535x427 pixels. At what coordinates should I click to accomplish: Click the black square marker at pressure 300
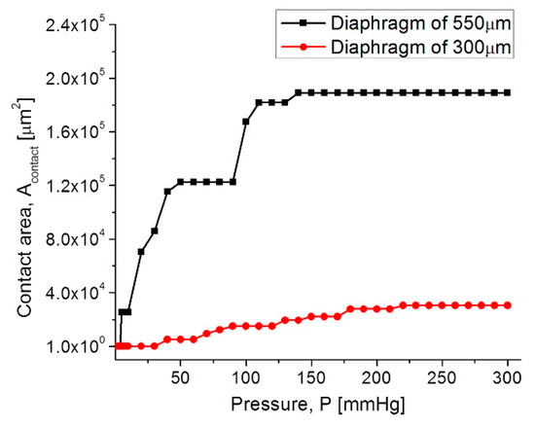point(507,92)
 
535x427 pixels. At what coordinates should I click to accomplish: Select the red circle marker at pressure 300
point(507,304)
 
